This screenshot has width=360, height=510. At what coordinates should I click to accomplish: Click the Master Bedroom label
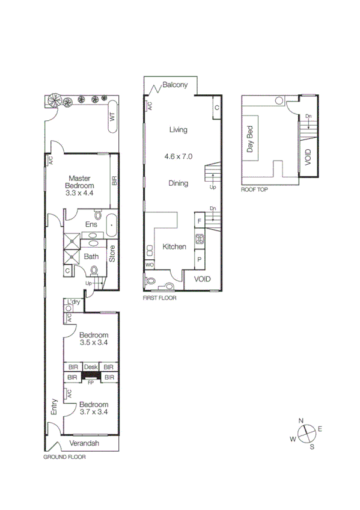point(79,182)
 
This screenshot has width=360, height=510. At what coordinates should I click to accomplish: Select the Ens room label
point(91,224)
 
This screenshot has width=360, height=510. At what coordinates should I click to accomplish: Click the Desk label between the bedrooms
point(91,367)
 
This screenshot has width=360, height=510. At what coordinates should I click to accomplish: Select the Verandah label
point(84,444)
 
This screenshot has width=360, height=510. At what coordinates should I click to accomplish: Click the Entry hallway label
point(55,407)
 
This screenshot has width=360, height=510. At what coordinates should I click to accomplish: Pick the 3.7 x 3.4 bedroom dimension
point(94,413)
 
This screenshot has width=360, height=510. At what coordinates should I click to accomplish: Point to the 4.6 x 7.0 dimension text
point(178,156)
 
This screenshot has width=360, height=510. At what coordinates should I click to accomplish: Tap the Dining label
point(178,183)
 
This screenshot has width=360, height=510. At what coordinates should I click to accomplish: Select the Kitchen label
point(174,247)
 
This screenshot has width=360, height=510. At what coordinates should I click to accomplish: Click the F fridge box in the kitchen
point(199,220)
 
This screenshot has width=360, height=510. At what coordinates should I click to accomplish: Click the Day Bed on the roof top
point(250,139)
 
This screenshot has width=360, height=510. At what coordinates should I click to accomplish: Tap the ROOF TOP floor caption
point(254,188)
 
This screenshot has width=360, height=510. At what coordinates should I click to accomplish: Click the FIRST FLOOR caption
point(159,297)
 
